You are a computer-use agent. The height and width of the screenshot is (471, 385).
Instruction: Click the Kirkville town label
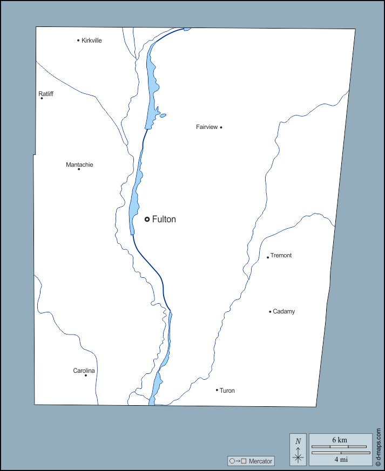pyautogui.click(x=92, y=40)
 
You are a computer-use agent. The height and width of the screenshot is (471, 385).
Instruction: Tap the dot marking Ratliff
pyautogui.click(x=42, y=98)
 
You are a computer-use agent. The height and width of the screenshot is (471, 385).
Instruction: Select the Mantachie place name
pyautogui.click(x=79, y=165)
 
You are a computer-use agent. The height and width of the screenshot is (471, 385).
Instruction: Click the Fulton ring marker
pyautogui.click(x=147, y=219)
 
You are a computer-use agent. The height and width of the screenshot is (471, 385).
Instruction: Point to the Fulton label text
pyautogui.click(x=164, y=219)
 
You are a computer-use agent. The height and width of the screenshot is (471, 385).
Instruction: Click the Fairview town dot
pyautogui.click(x=221, y=127)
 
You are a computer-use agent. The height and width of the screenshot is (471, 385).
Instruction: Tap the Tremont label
pyautogui.click(x=281, y=255)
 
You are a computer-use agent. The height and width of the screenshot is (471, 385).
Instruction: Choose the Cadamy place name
pyautogui.click(x=284, y=311)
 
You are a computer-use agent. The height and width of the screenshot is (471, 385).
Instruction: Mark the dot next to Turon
pyautogui.click(x=217, y=390)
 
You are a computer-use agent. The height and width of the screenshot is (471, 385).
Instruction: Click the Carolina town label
pyautogui.click(x=84, y=371)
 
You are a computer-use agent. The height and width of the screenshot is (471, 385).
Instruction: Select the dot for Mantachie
pyautogui.click(x=79, y=169)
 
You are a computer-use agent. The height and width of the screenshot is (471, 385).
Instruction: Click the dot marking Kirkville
pyautogui.click(x=78, y=40)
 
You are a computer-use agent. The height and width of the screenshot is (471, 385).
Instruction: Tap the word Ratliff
pyautogui.click(x=46, y=94)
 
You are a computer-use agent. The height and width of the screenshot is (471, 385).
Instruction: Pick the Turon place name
pyautogui.click(x=227, y=391)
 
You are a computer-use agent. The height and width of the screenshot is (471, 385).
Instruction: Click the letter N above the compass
pyautogui.click(x=298, y=441)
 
